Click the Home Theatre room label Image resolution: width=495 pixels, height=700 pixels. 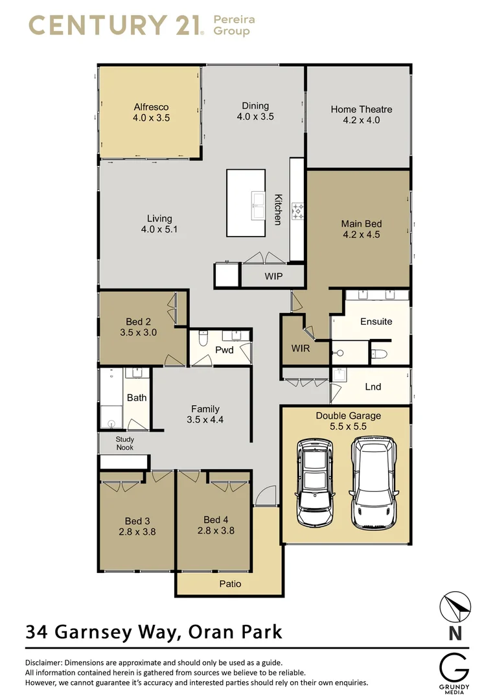361,110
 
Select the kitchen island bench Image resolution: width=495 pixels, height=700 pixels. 246,203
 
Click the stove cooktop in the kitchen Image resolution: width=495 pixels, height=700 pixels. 299,210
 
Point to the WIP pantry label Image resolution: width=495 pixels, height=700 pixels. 273,275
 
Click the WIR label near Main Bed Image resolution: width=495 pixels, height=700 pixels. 300,349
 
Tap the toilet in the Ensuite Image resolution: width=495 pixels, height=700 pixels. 380,354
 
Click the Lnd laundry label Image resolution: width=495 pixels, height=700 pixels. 373,387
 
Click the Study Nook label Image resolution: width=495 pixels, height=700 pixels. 124,443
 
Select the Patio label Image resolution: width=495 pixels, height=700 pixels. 230,584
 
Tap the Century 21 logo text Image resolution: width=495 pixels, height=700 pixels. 117,25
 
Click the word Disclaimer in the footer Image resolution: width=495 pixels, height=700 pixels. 45,662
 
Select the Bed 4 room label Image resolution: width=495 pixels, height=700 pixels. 216,520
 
